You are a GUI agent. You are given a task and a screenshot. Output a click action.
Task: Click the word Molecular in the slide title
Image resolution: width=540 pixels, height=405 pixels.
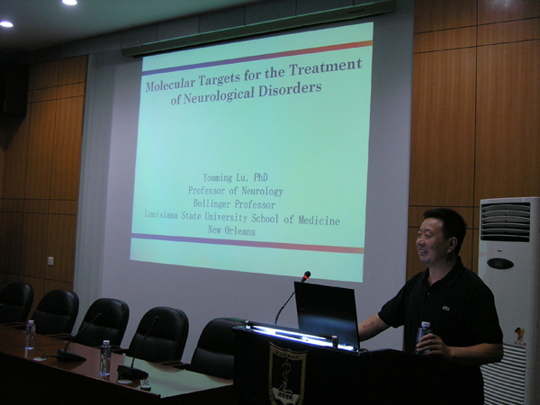point(170,83)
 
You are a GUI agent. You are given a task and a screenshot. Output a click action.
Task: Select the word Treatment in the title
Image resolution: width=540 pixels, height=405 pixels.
point(325,66)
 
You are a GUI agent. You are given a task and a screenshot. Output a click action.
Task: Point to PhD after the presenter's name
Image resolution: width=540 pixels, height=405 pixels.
point(261,177)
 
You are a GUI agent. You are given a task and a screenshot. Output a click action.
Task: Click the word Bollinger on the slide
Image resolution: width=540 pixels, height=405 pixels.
point(213,203)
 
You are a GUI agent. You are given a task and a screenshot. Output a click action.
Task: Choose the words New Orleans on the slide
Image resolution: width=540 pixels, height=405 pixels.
point(231,230)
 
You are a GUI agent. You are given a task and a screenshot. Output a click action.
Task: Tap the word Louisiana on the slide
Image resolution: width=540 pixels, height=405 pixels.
point(161,214)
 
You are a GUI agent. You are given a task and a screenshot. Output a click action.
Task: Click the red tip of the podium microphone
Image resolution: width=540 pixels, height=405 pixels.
point(306,275)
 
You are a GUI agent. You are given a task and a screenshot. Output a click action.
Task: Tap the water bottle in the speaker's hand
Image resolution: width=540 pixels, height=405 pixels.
point(424,337)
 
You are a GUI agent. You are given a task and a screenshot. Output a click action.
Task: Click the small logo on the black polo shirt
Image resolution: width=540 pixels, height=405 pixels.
point(446,308)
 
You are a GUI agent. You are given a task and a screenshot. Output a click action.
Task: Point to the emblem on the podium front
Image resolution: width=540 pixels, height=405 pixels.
point(287,374)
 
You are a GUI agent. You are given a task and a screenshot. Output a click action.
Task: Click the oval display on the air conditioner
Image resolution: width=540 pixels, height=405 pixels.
point(500,264)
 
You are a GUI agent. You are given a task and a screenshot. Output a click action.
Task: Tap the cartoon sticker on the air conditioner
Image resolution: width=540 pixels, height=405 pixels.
point(519,335)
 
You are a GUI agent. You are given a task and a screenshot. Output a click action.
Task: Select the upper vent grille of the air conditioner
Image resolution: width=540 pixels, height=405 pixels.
point(505,221)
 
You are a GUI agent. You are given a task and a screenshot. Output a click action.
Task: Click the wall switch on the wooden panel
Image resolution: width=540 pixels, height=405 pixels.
point(50,261)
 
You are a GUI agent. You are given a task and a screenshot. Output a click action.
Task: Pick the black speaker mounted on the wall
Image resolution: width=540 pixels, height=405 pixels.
point(13,88)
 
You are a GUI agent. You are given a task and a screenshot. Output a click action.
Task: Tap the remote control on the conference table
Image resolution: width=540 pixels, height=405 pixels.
point(145,384)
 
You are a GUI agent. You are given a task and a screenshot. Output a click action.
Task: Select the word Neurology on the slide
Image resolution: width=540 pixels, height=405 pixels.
point(262,191)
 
